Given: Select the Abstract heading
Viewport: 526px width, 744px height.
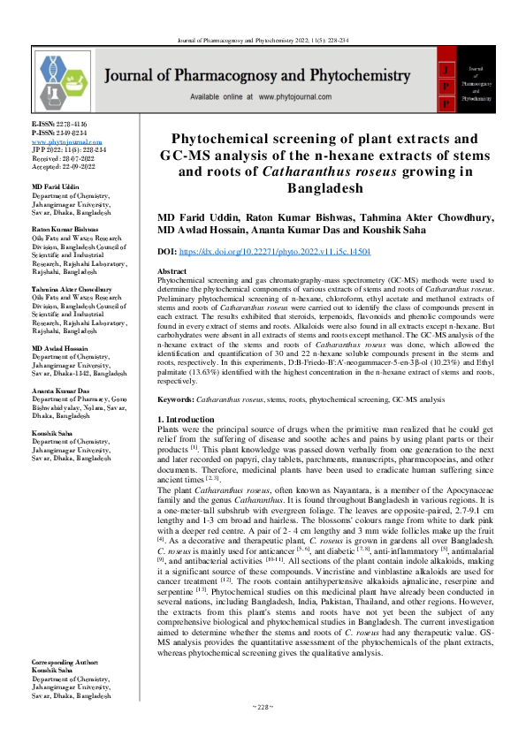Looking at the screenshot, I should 171,271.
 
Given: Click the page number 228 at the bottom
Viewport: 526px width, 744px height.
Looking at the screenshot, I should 262,732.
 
